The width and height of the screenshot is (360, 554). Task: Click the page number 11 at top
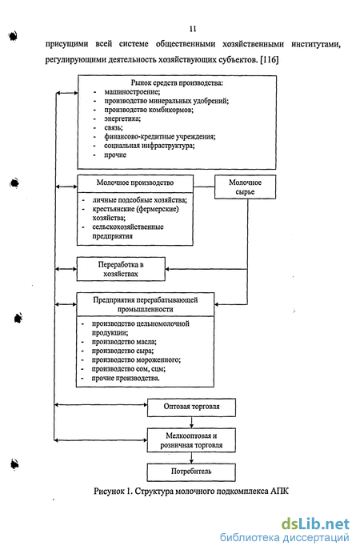pos(193,29)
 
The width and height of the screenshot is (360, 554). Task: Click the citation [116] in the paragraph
pos(270,59)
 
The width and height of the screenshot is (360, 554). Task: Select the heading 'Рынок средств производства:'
pos(177,82)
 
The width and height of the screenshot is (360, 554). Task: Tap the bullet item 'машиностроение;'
pos(132,92)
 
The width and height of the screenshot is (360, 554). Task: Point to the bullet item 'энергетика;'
pos(122,118)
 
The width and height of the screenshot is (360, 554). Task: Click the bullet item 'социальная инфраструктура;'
pos(150,146)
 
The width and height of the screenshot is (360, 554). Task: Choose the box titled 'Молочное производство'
pos(135,210)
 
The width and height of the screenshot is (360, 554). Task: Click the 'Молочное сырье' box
pos(246,187)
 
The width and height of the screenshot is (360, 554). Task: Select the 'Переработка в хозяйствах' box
pos(121,269)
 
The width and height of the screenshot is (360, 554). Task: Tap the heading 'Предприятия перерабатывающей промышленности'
pos(146,304)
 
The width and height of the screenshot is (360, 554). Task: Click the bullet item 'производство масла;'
pos(124,342)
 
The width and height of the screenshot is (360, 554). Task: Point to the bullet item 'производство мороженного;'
pos(136,359)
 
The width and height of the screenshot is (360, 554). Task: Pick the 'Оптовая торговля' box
pos(191,407)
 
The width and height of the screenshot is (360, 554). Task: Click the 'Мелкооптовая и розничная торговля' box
pos(191,440)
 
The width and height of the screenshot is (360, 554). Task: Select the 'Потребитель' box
pos(191,472)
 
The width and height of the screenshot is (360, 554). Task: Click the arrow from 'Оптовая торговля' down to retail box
pos(191,423)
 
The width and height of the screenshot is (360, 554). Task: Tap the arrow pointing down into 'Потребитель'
pos(191,458)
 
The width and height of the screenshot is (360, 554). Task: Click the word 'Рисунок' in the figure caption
pos(109,491)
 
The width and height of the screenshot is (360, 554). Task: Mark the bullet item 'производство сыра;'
pos(123,351)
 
